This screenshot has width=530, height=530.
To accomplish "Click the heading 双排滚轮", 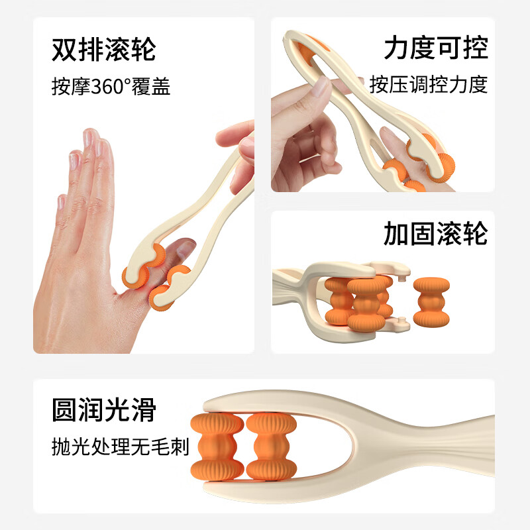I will click(103, 50).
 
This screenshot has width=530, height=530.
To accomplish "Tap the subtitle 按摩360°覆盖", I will click(111, 85).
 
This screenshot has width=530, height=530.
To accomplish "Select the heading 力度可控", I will click(435, 48).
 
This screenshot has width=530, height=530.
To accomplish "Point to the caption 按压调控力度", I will click(429, 84).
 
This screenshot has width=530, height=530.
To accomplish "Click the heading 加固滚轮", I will click(435, 234).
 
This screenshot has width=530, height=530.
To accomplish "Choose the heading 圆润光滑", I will click(103, 411).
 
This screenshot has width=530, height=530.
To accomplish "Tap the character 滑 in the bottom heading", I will click(142, 411).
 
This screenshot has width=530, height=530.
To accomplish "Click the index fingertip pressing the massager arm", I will click(321, 87).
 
